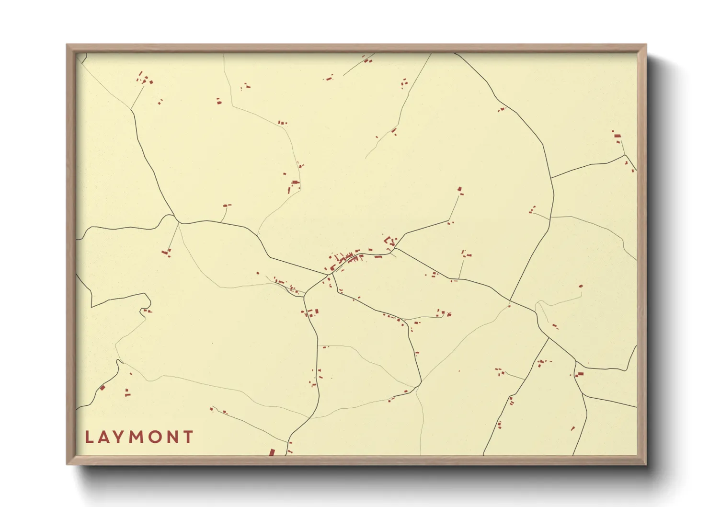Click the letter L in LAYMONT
(90, 437)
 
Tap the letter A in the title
(104, 437)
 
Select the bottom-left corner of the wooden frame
(68, 463)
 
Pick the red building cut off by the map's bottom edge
(272, 452)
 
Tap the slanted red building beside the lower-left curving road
(102, 388)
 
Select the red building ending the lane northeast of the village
(460, 190)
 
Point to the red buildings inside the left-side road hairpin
(147, 311)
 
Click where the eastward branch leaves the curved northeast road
(551, 178)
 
